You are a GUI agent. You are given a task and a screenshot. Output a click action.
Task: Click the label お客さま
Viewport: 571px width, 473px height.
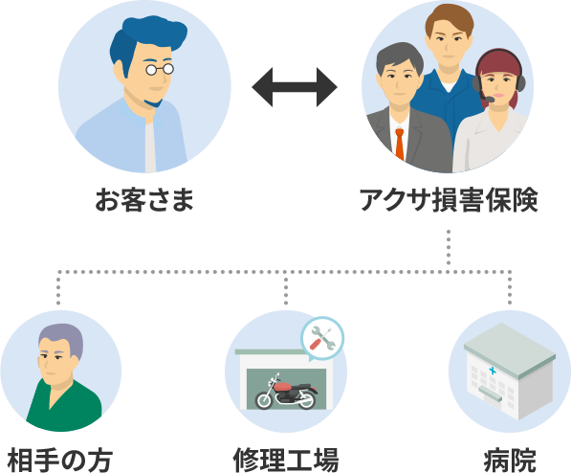click(x=144, y=200)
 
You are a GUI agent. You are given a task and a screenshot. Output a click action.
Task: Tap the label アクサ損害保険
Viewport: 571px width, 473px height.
click(x=449, y=200)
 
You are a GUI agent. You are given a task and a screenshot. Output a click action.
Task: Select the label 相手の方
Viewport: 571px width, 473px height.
click(x=60, y=460)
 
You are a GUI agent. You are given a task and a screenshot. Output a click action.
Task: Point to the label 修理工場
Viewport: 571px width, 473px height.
click(x=286, y=460)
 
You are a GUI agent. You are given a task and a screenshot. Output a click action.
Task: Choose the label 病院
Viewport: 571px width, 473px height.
click(x=510, y=460)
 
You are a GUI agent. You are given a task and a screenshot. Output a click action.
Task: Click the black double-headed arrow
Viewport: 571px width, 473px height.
click(x=295, y=87)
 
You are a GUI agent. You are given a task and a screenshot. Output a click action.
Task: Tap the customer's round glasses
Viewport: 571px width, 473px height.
click(x=160, y=69)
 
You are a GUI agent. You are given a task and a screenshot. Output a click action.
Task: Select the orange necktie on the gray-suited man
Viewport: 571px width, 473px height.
click(x=400, y=145)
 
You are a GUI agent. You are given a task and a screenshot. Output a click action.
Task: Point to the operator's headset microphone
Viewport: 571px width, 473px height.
click(x=487, y=98)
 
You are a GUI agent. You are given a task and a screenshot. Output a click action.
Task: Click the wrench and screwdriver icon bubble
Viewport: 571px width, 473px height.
click(x=322, y=339)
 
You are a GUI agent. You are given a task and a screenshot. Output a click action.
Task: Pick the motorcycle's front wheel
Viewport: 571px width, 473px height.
click(x=264, y=399)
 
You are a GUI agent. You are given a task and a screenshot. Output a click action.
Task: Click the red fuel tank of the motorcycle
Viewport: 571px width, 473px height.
click(x=284, y=387)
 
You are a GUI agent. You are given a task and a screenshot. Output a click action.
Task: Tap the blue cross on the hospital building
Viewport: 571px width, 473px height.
click(x=492, y=371)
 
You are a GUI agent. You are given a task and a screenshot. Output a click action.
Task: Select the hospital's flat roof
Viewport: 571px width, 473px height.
click(x=510, y=349)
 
